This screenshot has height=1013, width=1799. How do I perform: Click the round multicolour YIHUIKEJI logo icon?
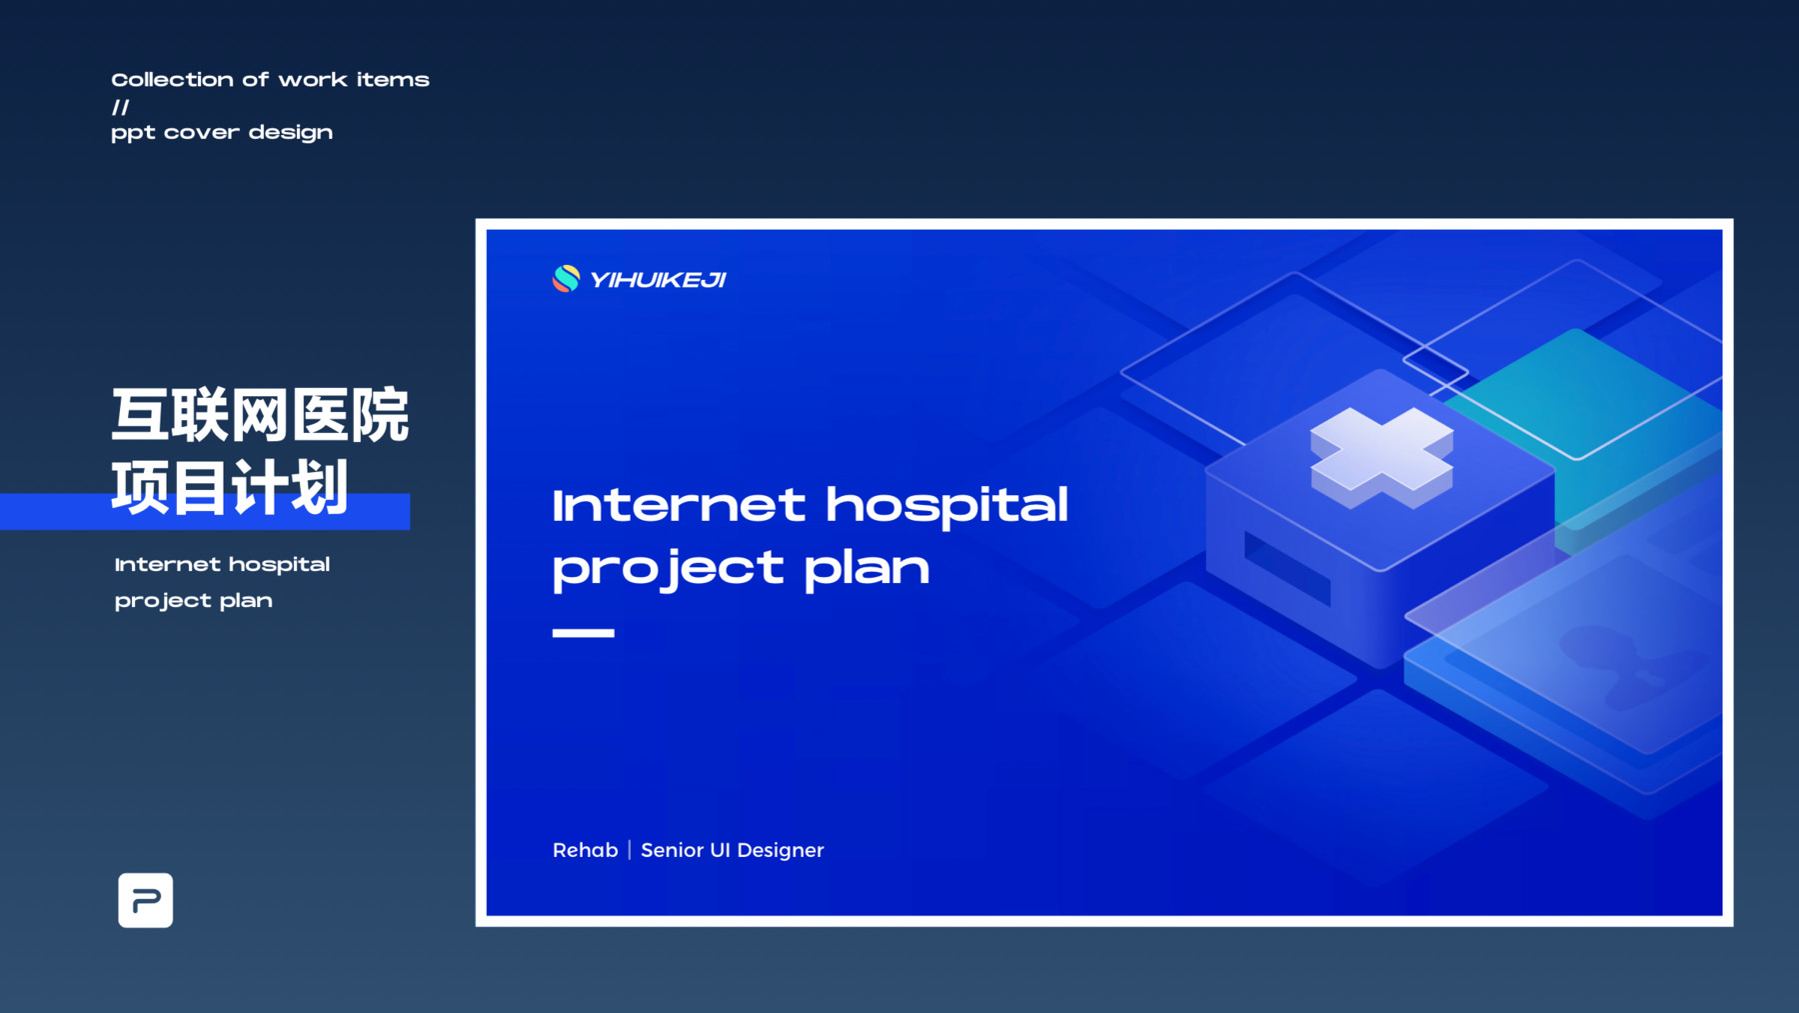tap(566, 279)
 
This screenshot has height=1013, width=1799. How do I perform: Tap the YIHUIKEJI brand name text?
tap(658, 280)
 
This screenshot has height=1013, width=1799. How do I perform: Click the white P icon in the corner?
tap(146, 900)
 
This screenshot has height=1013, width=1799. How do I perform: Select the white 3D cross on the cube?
tap(1381, 457)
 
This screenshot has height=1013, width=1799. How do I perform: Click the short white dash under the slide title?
tap(584, 632)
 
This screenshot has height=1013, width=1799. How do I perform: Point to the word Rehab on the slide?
tap(586, 850)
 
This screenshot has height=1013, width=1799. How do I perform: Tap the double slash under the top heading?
tap(121, 107)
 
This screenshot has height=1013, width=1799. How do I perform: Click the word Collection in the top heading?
tap(172, 80)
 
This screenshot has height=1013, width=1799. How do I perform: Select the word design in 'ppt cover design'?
tap(291, 133)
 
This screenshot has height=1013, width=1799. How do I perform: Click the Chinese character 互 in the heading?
tap(140, 415)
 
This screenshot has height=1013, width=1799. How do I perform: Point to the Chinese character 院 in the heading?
tap(380, 415)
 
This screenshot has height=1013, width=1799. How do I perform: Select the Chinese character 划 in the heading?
tap(320, 487)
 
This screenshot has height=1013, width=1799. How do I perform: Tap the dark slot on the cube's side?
tap(1287, 569)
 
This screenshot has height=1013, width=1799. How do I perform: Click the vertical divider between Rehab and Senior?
tap(630, 850)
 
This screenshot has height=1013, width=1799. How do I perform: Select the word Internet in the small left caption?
tap(167, 565)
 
